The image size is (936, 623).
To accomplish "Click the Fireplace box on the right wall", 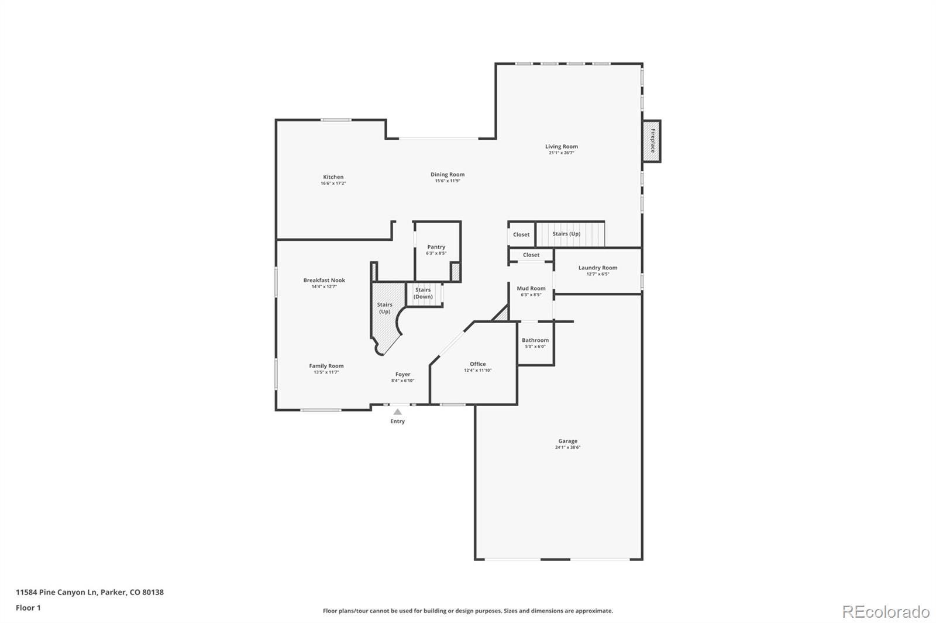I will point(652,141).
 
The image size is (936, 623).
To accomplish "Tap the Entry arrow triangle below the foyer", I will point(398,412).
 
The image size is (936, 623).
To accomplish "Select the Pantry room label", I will point(436,247).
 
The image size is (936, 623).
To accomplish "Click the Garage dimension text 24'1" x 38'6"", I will point(567,448).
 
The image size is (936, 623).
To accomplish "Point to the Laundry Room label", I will point(597,268).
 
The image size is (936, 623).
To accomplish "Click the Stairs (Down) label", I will point(423,293).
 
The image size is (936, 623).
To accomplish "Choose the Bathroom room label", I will point(535,340).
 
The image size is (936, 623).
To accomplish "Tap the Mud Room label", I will point(531,288).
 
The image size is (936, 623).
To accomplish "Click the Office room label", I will point(477,364).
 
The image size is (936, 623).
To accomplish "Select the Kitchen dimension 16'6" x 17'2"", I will point(333,184).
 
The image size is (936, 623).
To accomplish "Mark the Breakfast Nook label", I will point(324,281).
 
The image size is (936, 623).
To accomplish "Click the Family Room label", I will point(326,366).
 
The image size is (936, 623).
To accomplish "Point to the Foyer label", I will point(402,374).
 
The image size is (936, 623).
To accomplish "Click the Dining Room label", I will point(448,174).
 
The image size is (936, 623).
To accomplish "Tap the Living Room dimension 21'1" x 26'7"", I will point(561,153).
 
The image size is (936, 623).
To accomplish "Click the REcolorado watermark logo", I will point(885,612).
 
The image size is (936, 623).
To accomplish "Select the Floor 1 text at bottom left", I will point(28,608).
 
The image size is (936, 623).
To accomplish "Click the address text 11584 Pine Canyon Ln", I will point(56,592).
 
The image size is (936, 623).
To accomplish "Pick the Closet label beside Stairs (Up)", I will point(521,234).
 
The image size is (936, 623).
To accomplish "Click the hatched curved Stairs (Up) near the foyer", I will point(384,316).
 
